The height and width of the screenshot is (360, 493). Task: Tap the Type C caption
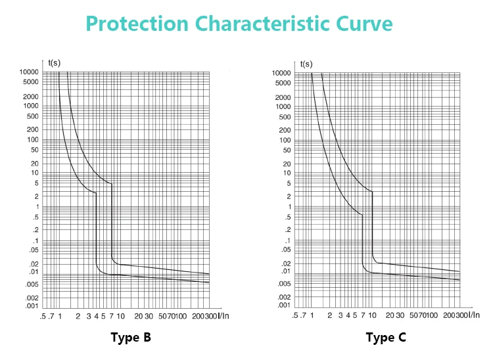point(386,338)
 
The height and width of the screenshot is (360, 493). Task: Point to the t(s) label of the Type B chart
point(55,63)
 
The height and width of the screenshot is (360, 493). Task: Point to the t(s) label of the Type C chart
point(306,64)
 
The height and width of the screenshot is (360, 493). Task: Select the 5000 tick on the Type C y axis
point(283,83)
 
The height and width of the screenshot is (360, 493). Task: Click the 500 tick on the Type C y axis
point(285,117)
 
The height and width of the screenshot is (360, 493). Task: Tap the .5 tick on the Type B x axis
point(43,317)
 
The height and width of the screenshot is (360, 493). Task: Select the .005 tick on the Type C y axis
point(283,284)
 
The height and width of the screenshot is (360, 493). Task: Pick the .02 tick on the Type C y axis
point(285,263)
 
